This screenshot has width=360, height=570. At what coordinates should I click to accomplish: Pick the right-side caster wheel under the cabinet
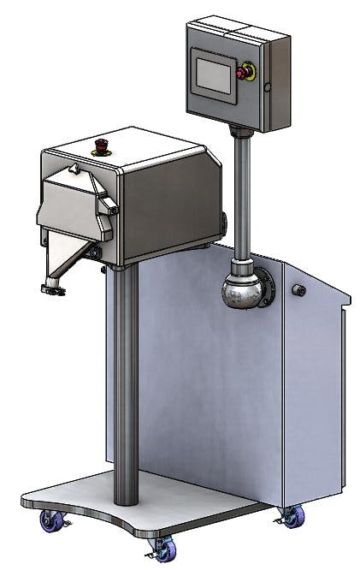[x=292, y=515]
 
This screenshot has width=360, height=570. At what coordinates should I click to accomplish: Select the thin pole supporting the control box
[x=242, y=197]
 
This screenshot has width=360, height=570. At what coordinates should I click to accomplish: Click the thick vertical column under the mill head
[x=126, y=385]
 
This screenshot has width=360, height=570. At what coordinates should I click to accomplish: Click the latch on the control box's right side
[x=267, y=86]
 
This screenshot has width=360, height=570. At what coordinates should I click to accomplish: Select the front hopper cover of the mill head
[x=73, y=205]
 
